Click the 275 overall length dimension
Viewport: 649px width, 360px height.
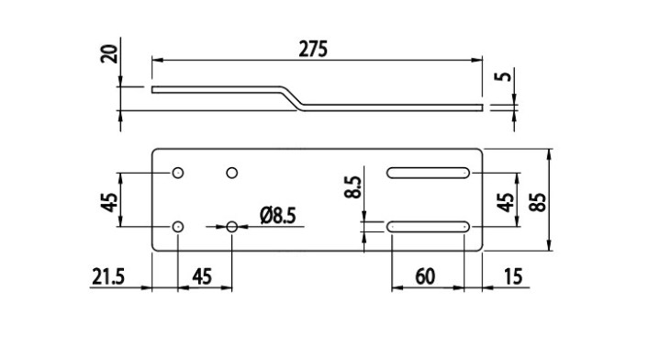(313, 50)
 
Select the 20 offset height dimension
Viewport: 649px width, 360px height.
(109, 53)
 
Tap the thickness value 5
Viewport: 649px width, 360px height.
(503, 76)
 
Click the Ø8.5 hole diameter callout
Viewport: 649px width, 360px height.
(278, 216)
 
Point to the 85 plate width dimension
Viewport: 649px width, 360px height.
(538, 202)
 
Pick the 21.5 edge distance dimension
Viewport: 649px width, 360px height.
(108, 276)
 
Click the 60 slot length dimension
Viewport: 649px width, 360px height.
(425, 276)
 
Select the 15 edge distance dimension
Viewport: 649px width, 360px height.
(513, 276)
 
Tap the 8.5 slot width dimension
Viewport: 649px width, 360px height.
(353, 187)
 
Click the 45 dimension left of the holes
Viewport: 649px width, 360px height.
(109, 202)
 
